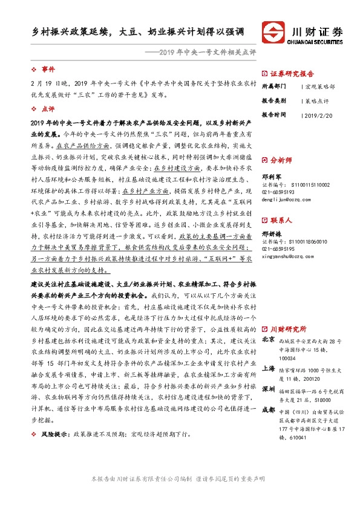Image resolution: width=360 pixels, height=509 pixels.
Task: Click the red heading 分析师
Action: (x=281, y=161)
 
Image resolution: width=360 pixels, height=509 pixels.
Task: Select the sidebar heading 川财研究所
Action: (x=288, y=329)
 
